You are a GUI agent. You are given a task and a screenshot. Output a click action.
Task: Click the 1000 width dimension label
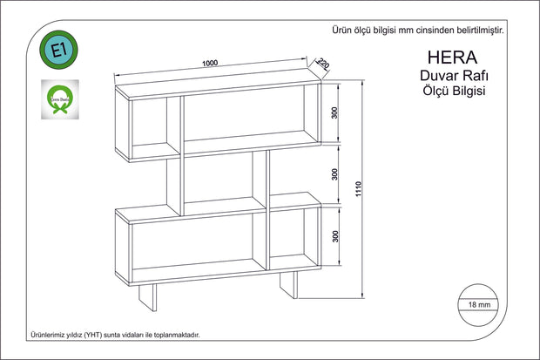[209, 63]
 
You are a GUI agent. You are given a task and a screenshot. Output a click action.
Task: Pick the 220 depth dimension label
[321, 64]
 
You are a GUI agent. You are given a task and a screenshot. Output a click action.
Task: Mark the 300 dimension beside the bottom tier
[334, 236]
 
